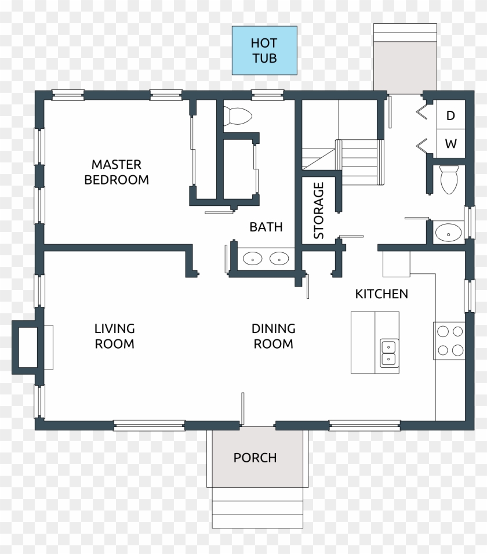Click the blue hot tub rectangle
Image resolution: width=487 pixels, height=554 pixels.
[x=264, y=50]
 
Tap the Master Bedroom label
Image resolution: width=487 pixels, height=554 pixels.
[x=116, y=172]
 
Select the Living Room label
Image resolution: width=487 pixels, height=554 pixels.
[x=114, y=336]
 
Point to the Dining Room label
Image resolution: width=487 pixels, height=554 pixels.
[x=273, y=336]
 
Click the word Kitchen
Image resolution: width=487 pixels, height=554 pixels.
[x=381, y=294]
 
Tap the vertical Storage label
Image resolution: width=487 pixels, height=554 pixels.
[x=318, y=211]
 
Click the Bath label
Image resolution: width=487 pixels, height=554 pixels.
[x=266, y=227]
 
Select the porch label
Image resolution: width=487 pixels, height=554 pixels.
[x=255, y=458]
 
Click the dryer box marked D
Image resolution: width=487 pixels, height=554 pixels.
[x=450, y=115]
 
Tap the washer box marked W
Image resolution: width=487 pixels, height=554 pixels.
[x=450, y=143]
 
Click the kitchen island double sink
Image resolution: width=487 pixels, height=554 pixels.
[x=389, y=353]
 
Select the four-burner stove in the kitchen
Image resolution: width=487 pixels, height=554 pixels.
[x=450, y=341]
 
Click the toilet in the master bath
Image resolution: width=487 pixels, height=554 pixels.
[x=238, y=116]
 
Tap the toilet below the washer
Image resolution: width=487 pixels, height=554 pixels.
[x=449, y=179]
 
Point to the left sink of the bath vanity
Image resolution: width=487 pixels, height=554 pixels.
[x=253, y=258]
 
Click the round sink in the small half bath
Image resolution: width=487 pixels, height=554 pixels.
[x=448, y=233]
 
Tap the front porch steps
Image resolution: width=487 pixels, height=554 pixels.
[x=257, y=508]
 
